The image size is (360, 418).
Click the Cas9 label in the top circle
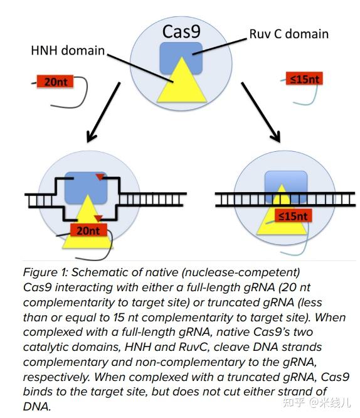[181, 31]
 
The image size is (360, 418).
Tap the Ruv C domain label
[289, 34]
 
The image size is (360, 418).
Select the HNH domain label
[68, 50]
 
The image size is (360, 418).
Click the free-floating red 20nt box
[55, 82]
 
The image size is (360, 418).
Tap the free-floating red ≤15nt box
[304, 78]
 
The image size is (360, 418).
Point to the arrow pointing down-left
[103, 112]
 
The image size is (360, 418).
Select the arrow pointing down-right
[261, 112]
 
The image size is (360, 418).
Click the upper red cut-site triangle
[100, 176]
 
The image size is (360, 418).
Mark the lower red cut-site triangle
[98, 218]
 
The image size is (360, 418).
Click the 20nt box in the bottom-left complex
[88, 230]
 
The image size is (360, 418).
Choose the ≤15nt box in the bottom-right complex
[293, 216]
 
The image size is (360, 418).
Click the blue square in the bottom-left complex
[86, 188]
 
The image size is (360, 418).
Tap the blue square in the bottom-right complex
[286, 184]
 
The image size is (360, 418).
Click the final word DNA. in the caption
[37, 407]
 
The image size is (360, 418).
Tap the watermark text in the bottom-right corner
[317, 402]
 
